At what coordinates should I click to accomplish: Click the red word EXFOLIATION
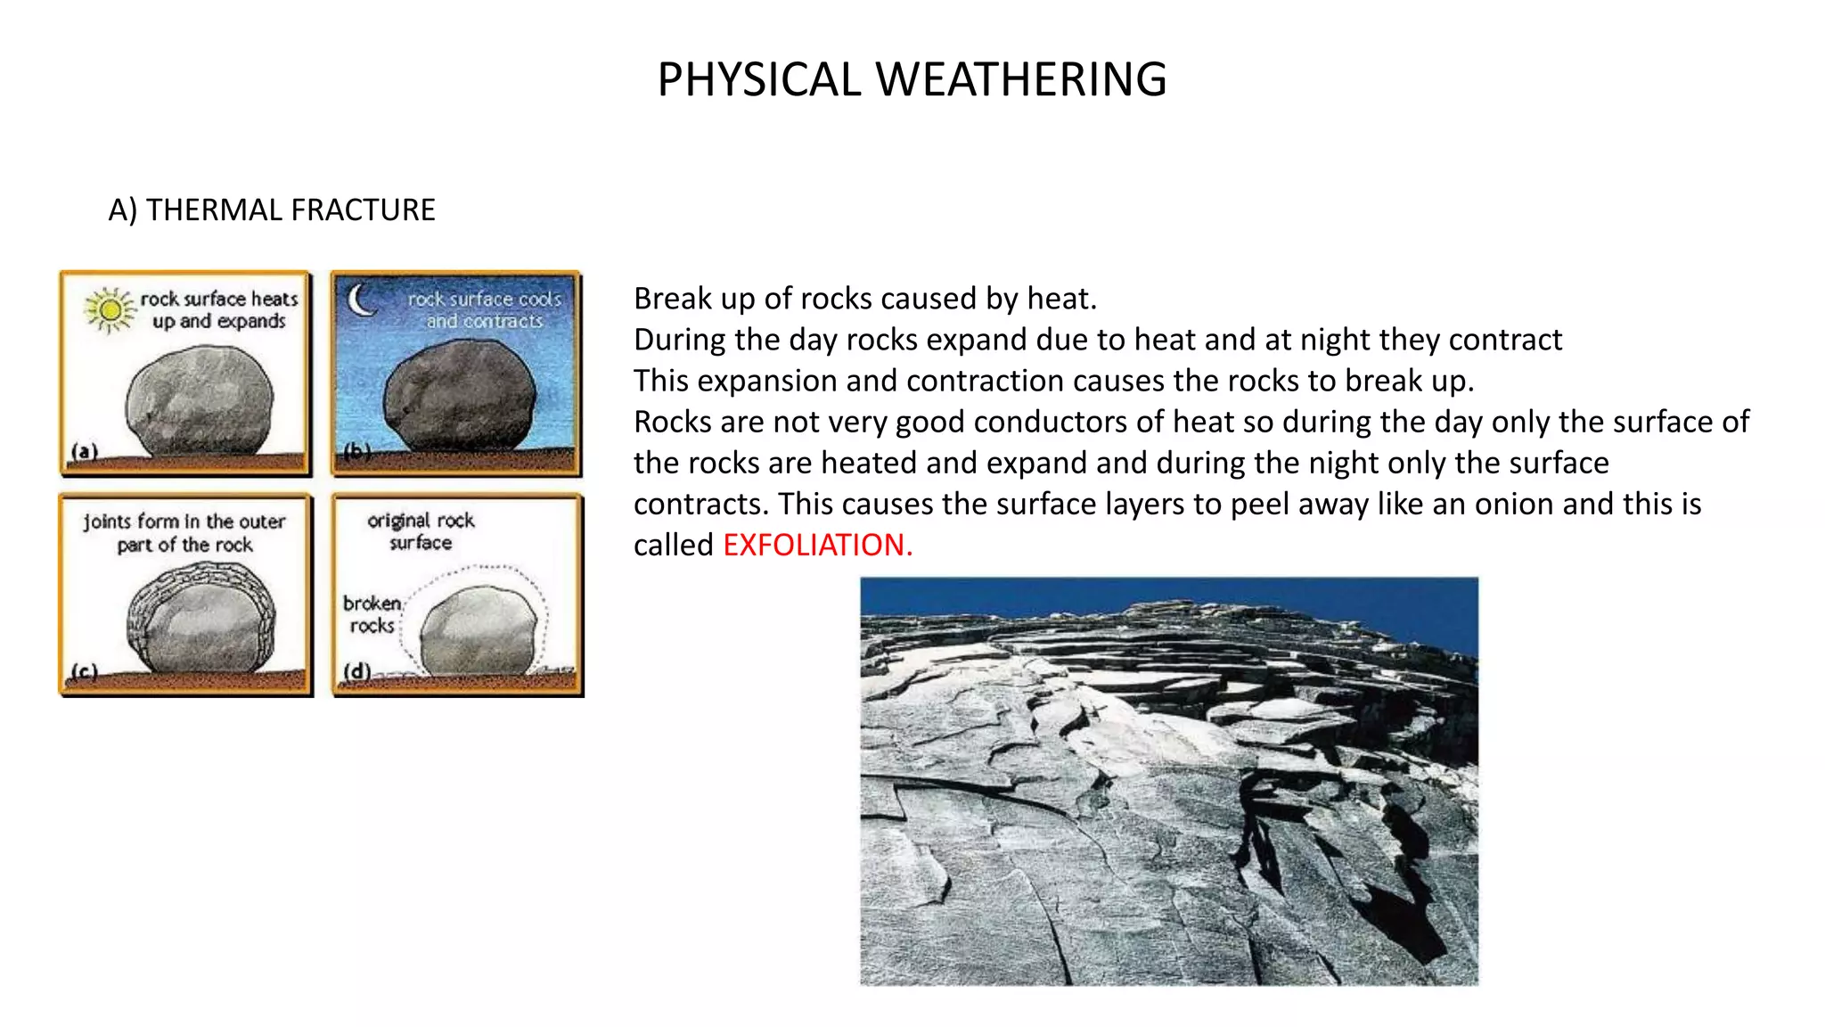pos(817,545)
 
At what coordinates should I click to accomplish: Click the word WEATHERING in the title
pos(1021,79)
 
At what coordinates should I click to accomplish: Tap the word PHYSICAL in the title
pos(759,79)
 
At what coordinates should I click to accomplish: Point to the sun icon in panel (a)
pos(110,309)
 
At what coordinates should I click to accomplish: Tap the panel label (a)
pos(84,451)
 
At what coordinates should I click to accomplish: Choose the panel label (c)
pos(84,671)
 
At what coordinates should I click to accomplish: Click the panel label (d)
pos(356,670)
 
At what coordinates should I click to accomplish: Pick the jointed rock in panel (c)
pos(201,617)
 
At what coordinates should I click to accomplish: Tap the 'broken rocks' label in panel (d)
pos(372,614)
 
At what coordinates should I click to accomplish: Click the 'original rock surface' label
pos(421,531)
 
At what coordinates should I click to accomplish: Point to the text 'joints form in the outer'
pos(184,522)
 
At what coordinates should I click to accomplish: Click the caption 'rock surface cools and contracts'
pos(484,310)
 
